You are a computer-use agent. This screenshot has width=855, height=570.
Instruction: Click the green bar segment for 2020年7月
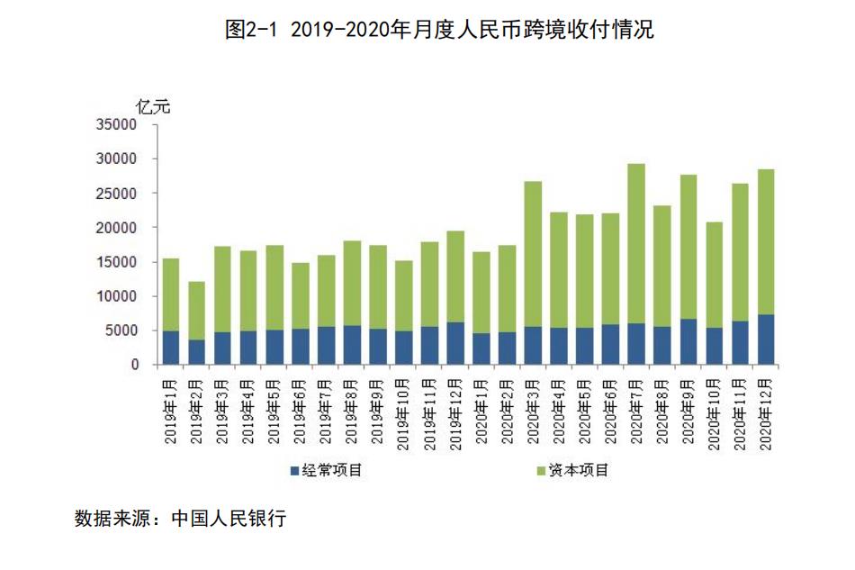tap(636, 243)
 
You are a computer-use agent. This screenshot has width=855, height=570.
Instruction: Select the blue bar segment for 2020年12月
tap(765, 339)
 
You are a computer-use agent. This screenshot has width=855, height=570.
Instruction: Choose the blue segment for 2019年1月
tap(171, 348)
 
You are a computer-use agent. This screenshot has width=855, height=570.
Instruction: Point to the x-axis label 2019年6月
tap(300, 410)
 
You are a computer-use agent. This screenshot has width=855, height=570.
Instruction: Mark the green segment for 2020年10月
tap(714, 275)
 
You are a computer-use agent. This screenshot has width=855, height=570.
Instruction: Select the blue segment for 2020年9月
tap(688, 341)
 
